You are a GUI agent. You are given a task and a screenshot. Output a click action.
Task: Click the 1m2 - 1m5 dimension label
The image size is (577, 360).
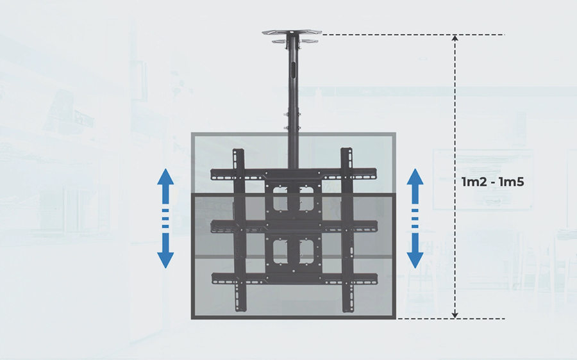(x=493, y=182)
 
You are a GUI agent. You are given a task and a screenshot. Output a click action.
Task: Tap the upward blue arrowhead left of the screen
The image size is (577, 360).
(x=165, y=177)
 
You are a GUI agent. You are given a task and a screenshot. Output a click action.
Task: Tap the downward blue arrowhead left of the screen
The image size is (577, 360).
(x=165, y=260)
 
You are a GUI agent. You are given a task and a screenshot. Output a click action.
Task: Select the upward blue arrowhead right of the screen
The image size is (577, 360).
(x=415, y=177)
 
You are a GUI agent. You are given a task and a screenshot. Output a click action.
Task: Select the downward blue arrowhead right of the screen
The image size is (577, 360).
(x=415, y=260)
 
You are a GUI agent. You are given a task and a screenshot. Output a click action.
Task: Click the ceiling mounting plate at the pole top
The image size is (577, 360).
(x=292, y=33)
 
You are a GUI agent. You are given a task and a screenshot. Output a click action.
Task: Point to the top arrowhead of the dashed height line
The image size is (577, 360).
(x=455, y=38)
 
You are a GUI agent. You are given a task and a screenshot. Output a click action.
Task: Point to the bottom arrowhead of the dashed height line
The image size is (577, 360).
(x=455, y=315)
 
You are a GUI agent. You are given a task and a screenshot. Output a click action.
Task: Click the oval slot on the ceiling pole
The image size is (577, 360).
(x=293, y=69)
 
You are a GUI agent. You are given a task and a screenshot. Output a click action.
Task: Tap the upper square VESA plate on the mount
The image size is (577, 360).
(x=293, y=199)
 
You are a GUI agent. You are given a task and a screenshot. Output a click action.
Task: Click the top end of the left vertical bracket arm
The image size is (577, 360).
(x=238, y=151)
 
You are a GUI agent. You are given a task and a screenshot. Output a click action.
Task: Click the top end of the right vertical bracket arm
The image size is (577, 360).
(x=347, y=150)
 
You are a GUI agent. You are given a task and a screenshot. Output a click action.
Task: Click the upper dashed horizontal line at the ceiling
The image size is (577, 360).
(x=414, y=35)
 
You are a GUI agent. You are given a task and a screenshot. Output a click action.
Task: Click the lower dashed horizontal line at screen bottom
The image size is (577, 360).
(x=451, y=318)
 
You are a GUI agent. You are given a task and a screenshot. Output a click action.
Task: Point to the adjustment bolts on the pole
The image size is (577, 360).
(x=292, y=121)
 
